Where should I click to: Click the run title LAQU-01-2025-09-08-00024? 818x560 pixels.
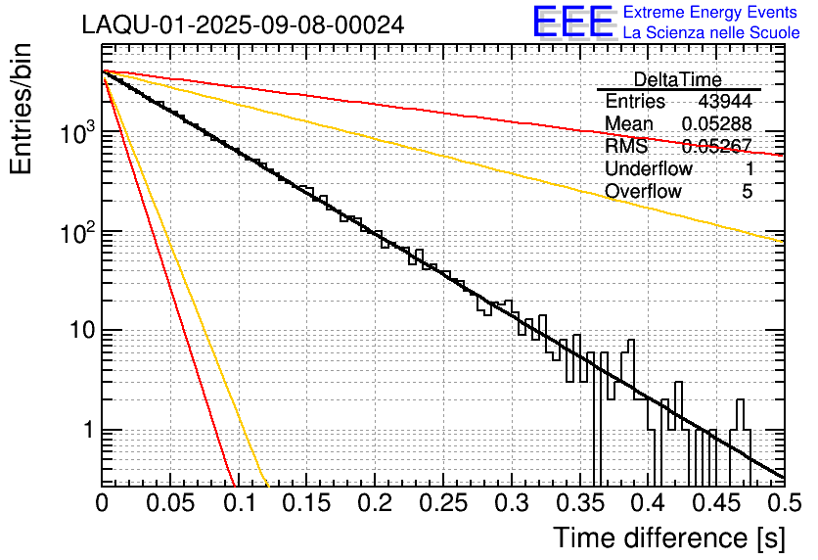click(x=243, y=24)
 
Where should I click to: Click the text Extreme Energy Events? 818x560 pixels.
click(x=711, y=13)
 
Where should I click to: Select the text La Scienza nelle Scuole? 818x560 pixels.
click(x=711, y=33)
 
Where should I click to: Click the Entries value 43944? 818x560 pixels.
click(x=725, y=102)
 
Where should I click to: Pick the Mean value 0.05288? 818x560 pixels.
click(x=716, y=123)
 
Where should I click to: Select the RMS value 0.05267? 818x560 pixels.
click(x=716, y=146)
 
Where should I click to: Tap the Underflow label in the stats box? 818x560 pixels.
click(x=649, y=168)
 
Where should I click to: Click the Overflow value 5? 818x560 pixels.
click(x=747, y=191)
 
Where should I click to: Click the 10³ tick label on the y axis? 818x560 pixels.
click(x=73, y=133)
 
